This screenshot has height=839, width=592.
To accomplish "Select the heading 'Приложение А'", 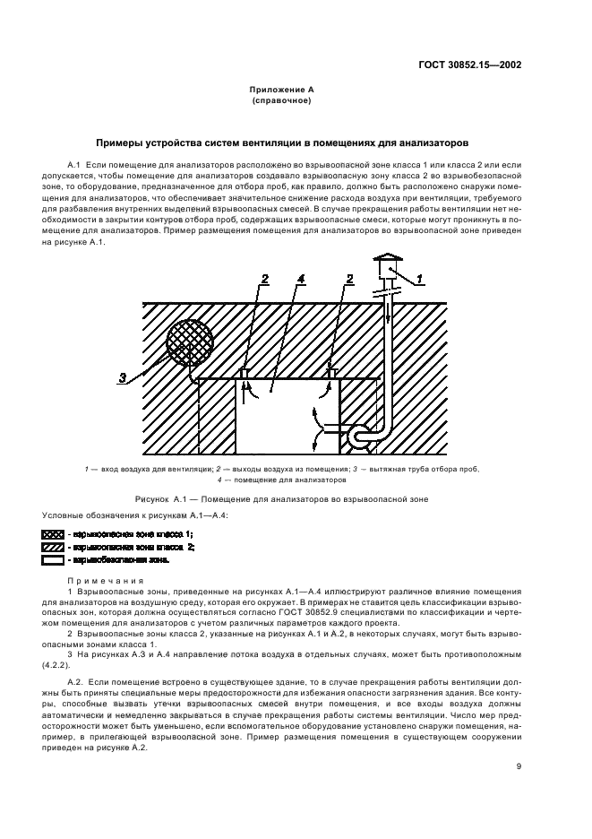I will (280, 91).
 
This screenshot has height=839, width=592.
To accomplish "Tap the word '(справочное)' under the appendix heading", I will (281, 100).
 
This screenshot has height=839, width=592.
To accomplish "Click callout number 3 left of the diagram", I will (123, 377).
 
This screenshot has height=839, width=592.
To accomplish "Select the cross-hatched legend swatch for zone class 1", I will (53, 534).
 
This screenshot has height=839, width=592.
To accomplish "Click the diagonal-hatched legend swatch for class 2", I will (53, 547).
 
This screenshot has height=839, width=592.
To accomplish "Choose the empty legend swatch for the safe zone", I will (53, 559).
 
